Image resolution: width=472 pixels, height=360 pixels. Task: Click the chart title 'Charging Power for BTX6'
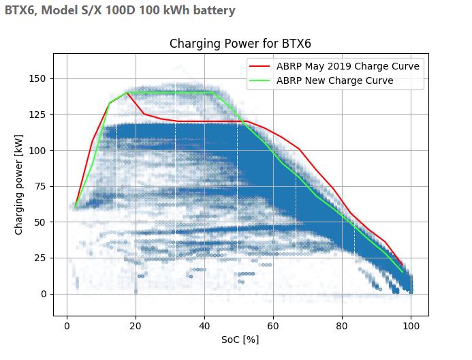coord(240,44)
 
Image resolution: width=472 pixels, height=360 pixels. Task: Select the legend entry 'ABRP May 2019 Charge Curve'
coord(347,66)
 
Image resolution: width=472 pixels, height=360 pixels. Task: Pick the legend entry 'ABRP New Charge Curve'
coord(334,80)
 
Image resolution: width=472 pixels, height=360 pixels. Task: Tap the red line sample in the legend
coord(259,66)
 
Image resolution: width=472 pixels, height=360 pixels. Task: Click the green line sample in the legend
coord(259,80)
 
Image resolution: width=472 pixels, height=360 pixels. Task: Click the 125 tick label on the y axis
coord(37,115)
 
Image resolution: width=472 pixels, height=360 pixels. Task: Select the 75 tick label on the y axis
coord(40,186)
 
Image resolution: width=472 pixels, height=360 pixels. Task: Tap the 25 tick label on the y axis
coord(40,258)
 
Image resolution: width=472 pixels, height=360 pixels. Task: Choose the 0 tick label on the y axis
coord(44,294)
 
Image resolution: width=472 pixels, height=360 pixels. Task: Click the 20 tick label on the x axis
coord(136,326)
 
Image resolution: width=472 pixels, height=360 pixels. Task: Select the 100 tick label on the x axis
coord(411,326)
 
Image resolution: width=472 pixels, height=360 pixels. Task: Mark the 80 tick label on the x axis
coord(342,326)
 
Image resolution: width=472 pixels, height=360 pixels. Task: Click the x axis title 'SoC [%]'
coord(240,340)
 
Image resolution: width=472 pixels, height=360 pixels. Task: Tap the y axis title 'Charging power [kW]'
coord(18,185)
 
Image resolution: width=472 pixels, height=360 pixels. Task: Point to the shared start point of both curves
coord(75,207)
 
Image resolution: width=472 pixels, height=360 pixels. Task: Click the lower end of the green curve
coord(403,272)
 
